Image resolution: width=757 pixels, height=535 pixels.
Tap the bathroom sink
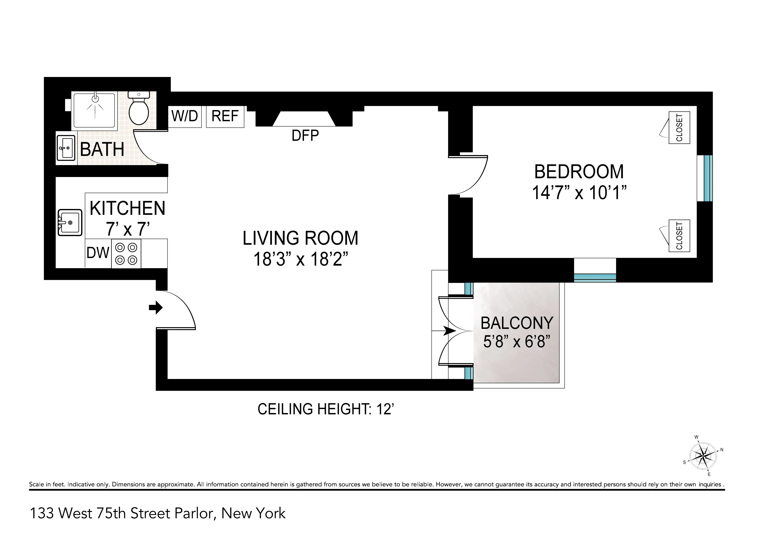[x=66, y=148]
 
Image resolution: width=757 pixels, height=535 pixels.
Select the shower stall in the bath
[x=95, y=110]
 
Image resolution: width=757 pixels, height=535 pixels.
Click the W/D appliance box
[x=185, y=116]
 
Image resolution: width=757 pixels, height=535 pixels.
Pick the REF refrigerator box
[x=225, y=116]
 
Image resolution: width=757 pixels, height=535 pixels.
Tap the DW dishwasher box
[x=98, y=253]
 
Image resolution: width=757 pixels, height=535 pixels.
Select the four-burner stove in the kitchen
[x=126, y=254]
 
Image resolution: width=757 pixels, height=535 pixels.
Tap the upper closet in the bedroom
[x=679, y=128]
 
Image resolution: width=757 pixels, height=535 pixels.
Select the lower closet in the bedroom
[x=679, y=236]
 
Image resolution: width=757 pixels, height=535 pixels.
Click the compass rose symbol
[x=703, y=456]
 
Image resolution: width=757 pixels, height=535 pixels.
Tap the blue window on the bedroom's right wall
[x=708, y=178]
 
